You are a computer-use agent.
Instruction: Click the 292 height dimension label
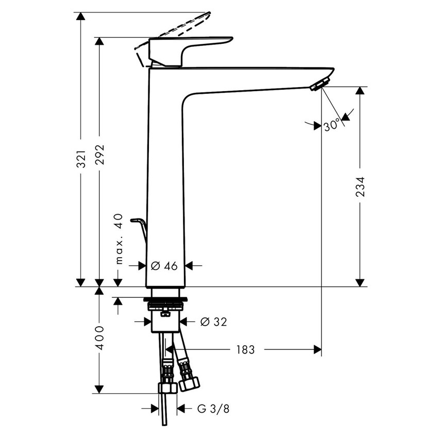point(100,154)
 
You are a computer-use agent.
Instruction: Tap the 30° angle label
point(332,125)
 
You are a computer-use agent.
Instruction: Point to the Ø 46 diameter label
point(164,266)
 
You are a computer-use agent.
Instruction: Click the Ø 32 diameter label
point(213,322)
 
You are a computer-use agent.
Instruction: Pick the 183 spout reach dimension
point(245,350)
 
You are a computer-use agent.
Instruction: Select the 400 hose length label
point(100,337)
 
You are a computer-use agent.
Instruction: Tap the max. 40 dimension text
point(119,239)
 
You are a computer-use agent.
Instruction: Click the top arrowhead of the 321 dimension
point(80,16)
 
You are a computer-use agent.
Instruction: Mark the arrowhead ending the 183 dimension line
point(317,350)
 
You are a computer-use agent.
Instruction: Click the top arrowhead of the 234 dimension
point(360,91)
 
